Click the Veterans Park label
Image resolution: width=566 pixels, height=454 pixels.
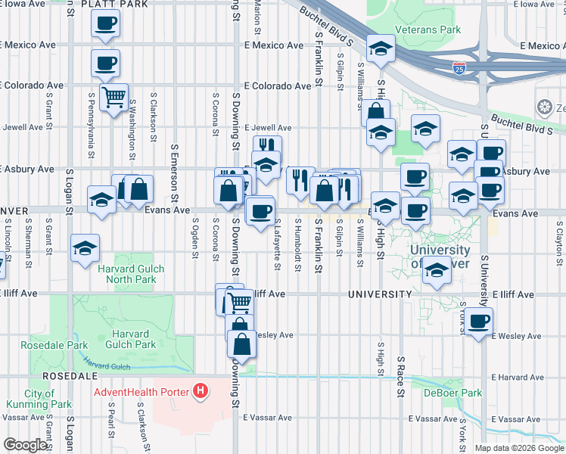pyautogui.click(x=433, y=30)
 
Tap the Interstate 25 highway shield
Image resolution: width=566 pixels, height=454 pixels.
pyautogui.click(x=459, y=70)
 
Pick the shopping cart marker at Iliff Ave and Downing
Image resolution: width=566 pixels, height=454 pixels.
pyautogui.click(x=240, y=303)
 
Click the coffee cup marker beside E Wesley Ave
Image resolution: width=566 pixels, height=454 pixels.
pyautogui.click(x=477, y=321)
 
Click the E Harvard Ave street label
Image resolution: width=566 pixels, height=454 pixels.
pyautogui.click(x=520, y=377)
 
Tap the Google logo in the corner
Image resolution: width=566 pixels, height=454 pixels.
pyautogui.click(x=25, y=445)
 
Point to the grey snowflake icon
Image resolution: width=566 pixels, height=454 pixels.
pyautogui.click(x=544, y=107)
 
